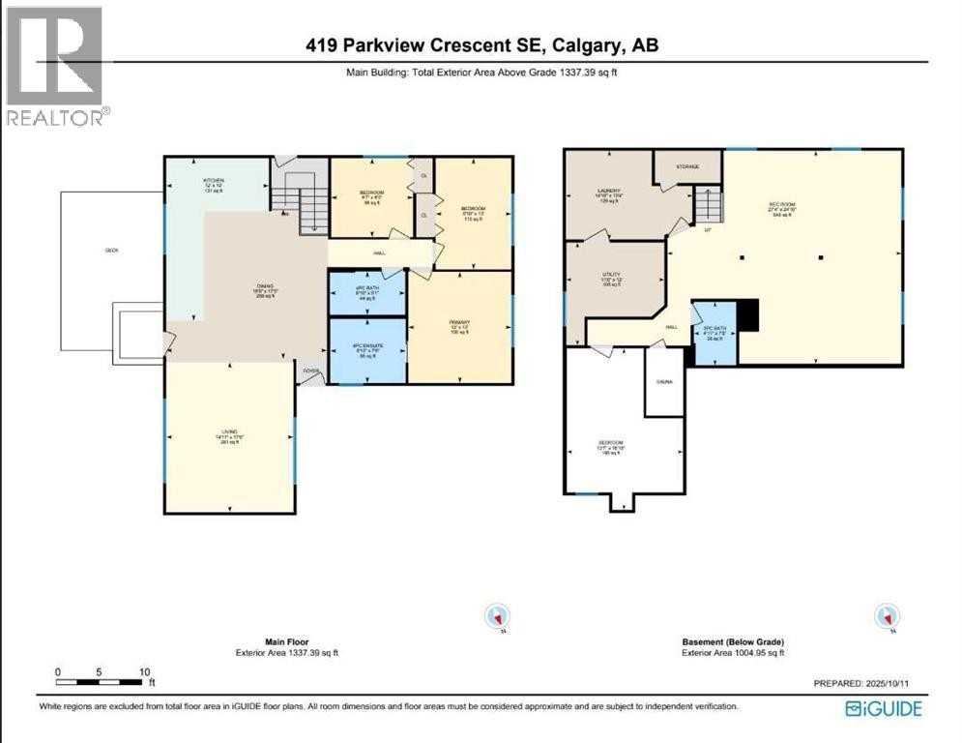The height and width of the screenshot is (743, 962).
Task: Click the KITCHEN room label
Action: click(214, 181)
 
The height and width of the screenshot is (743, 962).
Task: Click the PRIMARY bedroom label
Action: click(458, 322)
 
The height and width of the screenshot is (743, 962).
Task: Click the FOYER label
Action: click(310, 369)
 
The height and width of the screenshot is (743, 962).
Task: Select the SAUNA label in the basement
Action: click(664, 382)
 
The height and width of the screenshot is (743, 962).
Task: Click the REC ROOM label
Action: click(780, 204)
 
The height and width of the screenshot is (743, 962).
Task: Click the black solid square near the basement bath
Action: click(748, 314)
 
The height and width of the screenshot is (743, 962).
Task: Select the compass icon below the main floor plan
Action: click(499, 615)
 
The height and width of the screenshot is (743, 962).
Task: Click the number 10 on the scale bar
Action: click(144, 671)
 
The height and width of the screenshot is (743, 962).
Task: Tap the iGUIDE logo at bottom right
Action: click(883, 709)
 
